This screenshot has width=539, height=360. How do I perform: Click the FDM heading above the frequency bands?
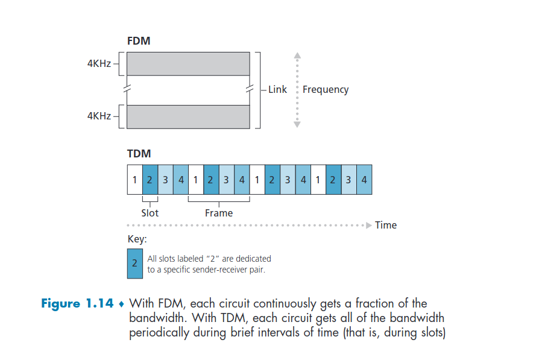(139, 42)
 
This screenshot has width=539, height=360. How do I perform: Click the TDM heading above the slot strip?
(139, 154)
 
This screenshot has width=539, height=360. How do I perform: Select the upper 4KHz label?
(99, 63)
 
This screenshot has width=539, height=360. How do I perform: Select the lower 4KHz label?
(99, 116)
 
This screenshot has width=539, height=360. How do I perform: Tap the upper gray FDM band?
(188, 63)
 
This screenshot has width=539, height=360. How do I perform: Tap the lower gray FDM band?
(188, 116)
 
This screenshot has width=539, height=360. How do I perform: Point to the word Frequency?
(326, 89)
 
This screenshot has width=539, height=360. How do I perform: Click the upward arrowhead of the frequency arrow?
(297, 55)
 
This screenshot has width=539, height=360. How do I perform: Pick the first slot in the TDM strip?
(134, 180)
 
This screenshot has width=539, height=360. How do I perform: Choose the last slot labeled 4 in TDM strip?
(364, 180)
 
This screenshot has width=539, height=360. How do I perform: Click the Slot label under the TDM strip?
(150, 213)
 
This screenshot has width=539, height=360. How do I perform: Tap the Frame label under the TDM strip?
(218, 213)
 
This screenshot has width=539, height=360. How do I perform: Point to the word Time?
(386, 225)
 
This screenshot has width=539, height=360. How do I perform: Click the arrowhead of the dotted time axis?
(369, 225)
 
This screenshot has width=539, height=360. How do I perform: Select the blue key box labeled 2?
(135, 264)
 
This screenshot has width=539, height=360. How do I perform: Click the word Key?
(137, 239)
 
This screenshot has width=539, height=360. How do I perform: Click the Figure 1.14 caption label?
(77, 303)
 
